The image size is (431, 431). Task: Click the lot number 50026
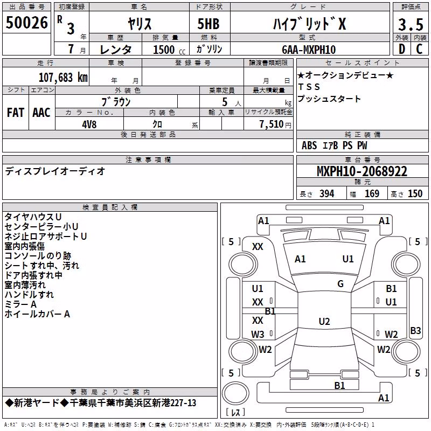click(26, 23)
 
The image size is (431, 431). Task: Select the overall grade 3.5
click(411, 24)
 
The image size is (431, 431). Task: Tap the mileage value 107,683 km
click(63, 78)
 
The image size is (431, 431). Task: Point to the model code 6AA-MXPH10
click(309, 50)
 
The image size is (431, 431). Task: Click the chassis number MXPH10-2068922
click(362, 171)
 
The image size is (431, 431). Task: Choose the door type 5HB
click(208, 24)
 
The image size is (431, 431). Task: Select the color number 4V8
click(89, 124)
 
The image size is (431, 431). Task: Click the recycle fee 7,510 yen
click(275, 124)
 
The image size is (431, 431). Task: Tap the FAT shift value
click(16, 113)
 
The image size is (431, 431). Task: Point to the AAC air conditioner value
click(41, 113)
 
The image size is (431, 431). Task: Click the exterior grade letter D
click(402, 49)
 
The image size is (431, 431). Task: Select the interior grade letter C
click(419, 49)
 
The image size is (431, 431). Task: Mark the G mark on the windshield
click(340, 284)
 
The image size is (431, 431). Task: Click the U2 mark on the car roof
click(324, 321)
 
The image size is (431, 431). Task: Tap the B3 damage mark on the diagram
click(415, 330)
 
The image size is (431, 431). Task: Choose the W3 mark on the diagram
click(258, 334)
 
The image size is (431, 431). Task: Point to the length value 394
click(327, 194)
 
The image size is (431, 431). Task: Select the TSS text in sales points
click(309, 87)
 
